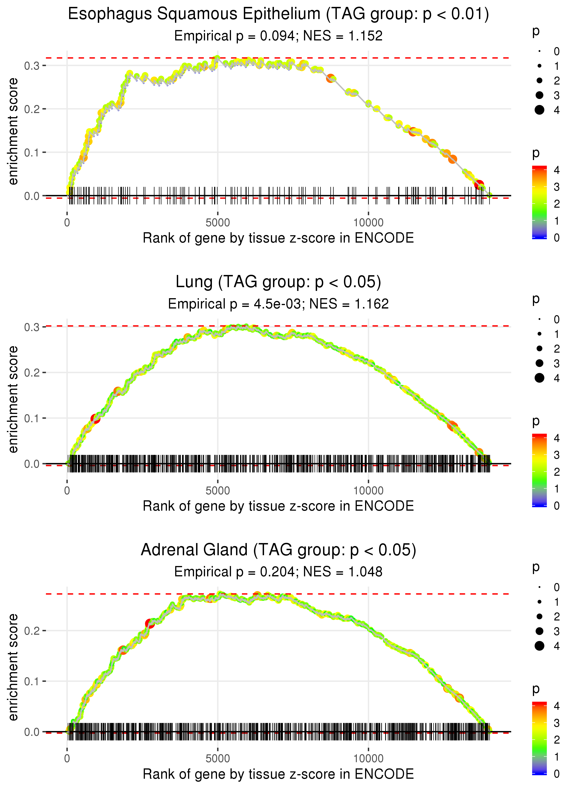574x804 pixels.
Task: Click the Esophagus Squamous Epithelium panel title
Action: (x=278, y=14)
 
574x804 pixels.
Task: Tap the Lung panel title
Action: (x=278, y=282)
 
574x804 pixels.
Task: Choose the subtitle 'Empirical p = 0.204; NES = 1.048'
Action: (x=278, y=572)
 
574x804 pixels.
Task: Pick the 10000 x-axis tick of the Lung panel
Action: (x=368, y=491)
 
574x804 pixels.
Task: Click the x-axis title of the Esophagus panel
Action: (x=278, y=238)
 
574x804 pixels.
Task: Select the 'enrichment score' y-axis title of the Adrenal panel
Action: (x=13, y=667)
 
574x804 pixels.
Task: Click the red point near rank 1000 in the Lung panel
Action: (x=96, y=419)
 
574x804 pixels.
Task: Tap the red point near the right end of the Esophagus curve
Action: (x=479, y=184)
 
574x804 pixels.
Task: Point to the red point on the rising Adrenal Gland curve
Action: (x=150, y=623)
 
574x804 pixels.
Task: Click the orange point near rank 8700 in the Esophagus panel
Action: (x=330, y=78)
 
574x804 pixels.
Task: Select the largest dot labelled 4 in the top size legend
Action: (x=539, y=110)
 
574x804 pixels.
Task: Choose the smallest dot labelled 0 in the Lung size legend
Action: (x=539, y=319)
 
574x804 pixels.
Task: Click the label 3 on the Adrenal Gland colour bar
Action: (x=557, y=723)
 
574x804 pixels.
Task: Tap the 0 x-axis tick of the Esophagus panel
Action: (x=67, y=223)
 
